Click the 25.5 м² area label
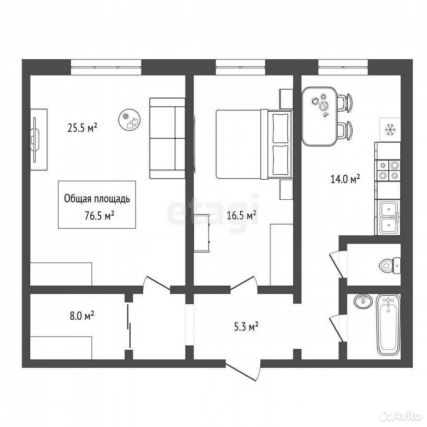(x=82, y=128)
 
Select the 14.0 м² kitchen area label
(x=345, y=179)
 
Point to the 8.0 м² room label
(x=82, y=316)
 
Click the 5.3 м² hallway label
(x=246, y=326)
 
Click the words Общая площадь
(x=97, y=199)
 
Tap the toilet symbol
(x=390, y=265)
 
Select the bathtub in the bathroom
(x=388, y=324)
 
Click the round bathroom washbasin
(x=363, y=302)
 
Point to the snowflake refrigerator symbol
(x=390, y=129)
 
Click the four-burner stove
(x=388, y=170)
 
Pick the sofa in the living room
(x=167, y=139)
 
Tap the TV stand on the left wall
(x=38, y=140)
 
